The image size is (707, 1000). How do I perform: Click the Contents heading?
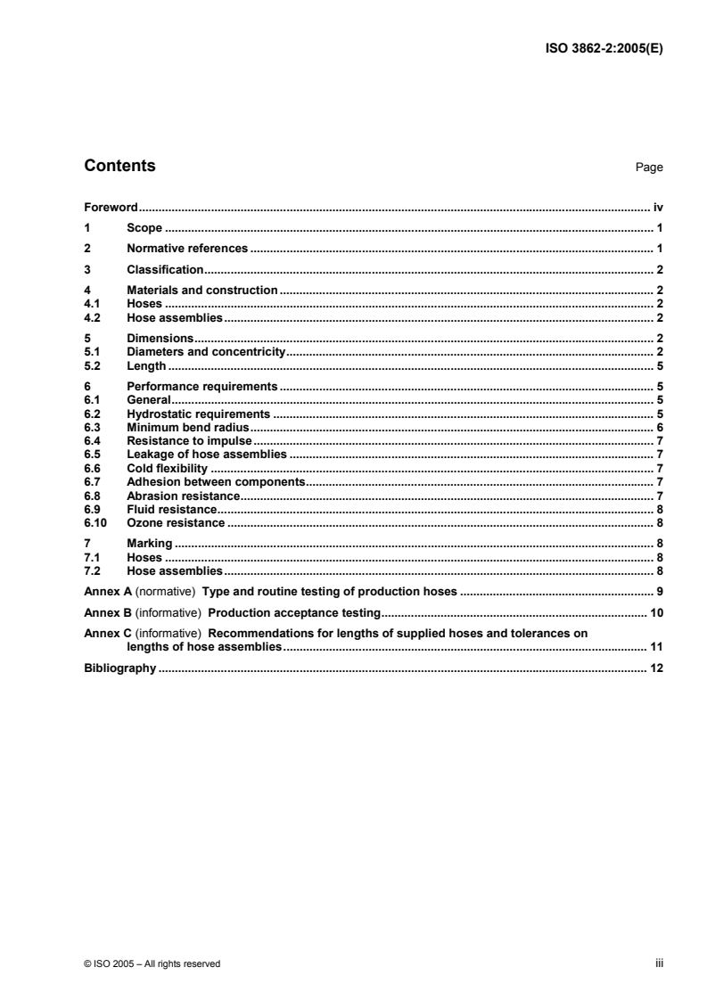119,166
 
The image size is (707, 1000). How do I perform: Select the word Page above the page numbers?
649,168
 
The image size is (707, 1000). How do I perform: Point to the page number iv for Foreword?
657,206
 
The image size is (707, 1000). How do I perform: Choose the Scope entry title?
144,228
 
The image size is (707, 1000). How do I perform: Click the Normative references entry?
187,248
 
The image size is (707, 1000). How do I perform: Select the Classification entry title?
166,269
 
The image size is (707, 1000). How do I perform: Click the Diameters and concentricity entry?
205,352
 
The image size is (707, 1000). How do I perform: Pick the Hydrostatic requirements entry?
198,414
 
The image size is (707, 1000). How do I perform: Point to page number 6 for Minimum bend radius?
659,428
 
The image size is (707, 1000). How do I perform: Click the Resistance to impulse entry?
190,440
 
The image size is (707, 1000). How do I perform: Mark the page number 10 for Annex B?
655,613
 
